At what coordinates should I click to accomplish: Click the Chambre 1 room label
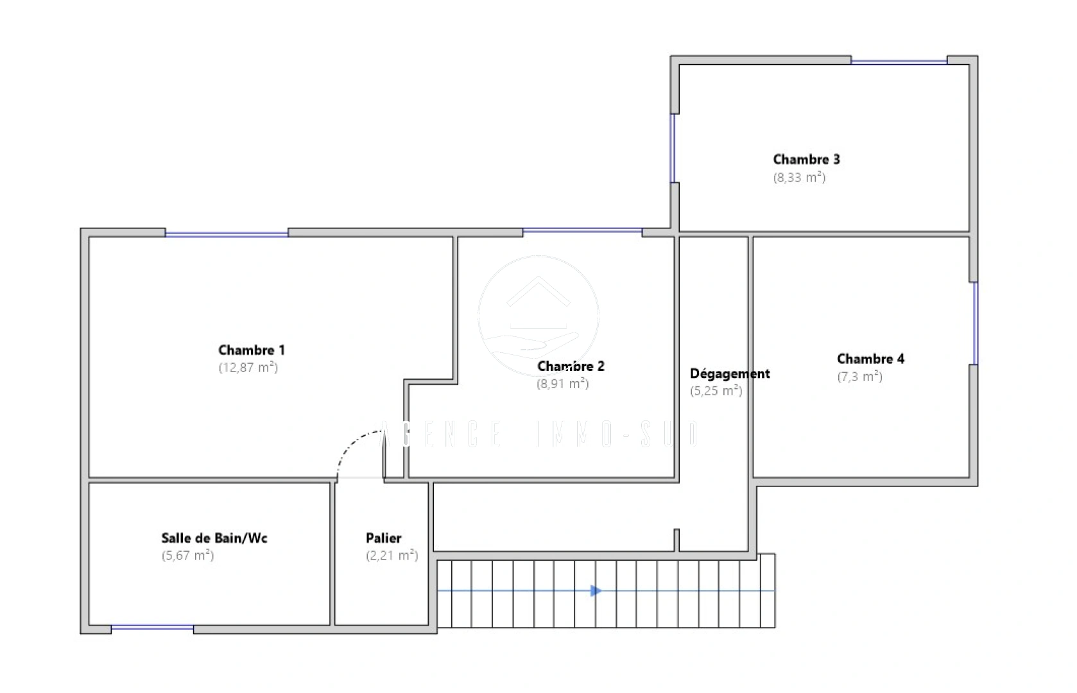coord(251,350)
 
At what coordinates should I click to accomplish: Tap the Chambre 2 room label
coord(571,366)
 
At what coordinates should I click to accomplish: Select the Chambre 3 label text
coord(806,159)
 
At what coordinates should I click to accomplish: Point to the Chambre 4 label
coord(870,359)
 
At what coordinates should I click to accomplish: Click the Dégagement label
coord(730,373)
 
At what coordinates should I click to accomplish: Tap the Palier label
coord(384,538)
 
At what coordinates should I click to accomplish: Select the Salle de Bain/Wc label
coord(214,538)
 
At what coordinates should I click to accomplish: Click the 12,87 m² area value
coord(248,368)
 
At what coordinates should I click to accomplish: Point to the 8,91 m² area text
coord(563,384)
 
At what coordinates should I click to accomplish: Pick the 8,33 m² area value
coord(799,178)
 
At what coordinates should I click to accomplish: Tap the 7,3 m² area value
coord(860,377)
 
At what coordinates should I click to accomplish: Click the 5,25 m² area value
coord(716,391)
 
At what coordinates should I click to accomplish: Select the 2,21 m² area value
coord(392,556)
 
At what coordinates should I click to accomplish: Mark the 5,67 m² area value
coord(187,556)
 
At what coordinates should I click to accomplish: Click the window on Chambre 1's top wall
coord(227,234)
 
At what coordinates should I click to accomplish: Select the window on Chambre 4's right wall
coord(974,323)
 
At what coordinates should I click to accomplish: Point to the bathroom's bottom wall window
coord(152,628)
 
